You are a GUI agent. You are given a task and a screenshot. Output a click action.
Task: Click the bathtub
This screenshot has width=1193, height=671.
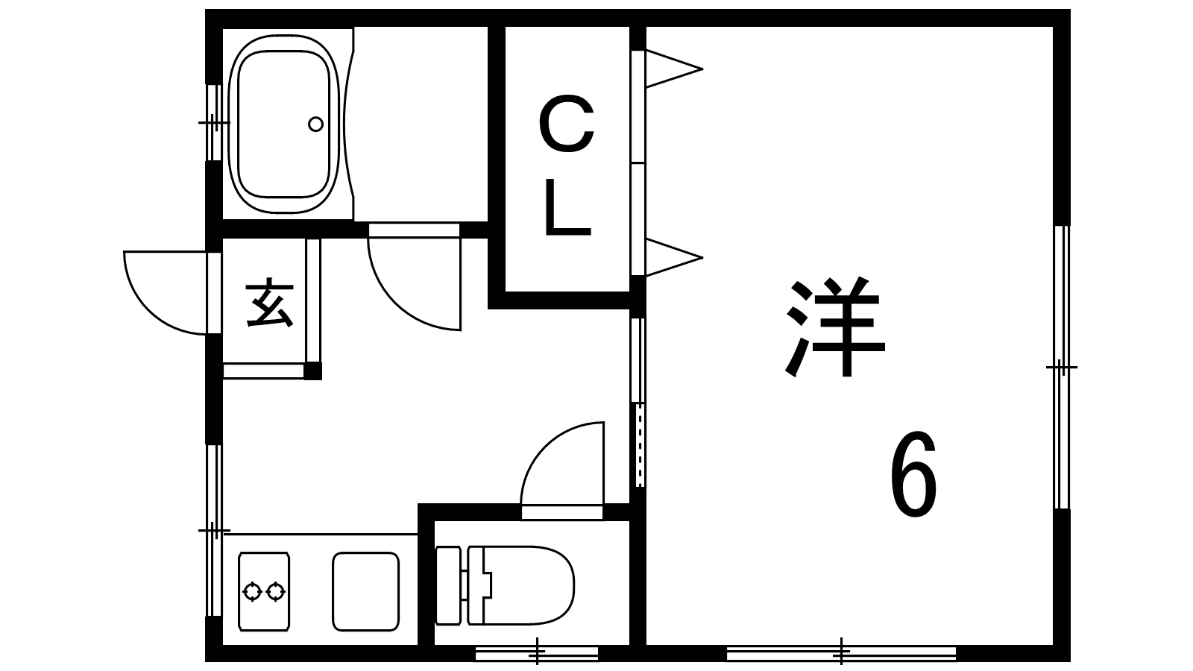pos(283,124)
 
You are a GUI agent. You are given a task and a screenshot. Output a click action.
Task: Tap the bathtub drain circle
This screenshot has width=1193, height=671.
pos(315,124)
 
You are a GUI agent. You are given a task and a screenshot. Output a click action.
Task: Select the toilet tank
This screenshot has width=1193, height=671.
pos(448,585)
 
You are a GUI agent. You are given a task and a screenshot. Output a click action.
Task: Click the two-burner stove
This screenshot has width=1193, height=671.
pos(264,591)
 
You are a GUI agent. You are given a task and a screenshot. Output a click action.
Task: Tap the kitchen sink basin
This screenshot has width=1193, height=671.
pos(365,591)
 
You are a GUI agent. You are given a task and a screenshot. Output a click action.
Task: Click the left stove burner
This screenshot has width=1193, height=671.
pos(253,592)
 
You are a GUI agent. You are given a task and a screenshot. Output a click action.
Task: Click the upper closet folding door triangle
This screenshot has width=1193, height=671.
pos(671,69)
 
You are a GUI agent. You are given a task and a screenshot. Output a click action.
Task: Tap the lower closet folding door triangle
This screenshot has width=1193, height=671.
pos(671,258)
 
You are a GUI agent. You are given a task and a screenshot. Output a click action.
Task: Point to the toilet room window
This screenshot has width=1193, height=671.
pos(537,654)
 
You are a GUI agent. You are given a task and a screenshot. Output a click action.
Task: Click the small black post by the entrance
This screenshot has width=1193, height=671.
pos(313,371)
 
